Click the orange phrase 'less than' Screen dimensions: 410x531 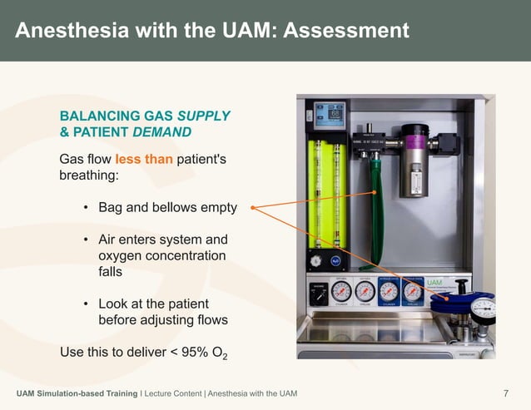pos(144,158)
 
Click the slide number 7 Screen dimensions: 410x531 pos(507,393)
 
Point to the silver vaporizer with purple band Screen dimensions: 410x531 pos(411,158)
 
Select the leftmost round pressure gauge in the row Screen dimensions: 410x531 pos(341,291)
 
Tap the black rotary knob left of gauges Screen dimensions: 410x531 pos(317,293)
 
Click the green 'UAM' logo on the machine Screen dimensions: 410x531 pos(434,283)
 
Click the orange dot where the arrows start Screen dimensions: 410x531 pos(251,208)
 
